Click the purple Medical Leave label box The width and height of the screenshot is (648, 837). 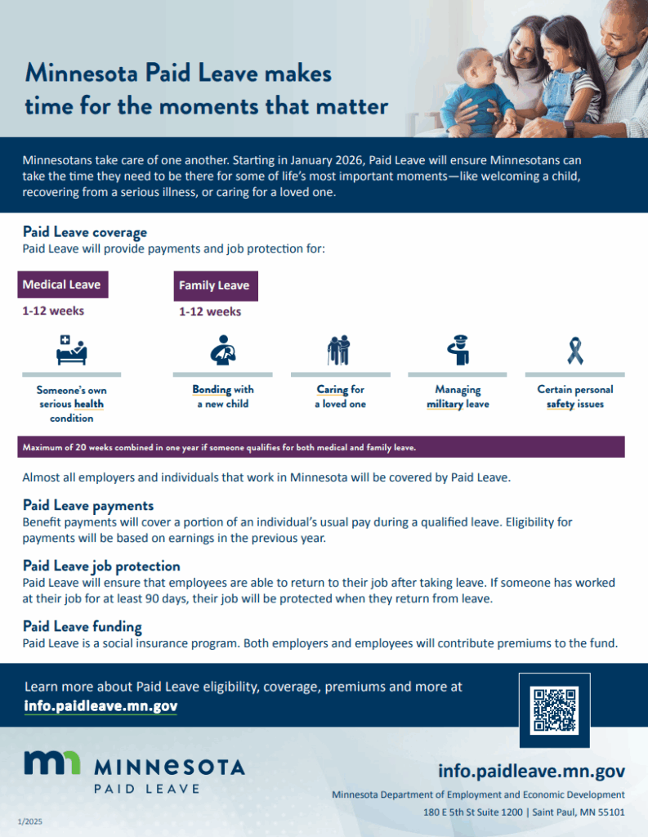pyautogui.click(x=63, y=284)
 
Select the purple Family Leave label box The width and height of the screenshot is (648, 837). pyautogui.click(x=216, y=285)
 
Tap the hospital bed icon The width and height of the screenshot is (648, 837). pyautogui.click(x=72, y=350)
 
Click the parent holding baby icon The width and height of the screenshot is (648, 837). pyautogui.click(x=223, y=350)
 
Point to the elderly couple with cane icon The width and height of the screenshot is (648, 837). pyautogui.click(x=339, y=350)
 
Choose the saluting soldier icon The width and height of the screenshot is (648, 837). pyautogui.click(x=458, y=350)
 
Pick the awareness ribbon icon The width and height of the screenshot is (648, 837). pyautogui.click(x=575, y=351)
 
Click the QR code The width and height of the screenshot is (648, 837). pyautogui.click(x=555, y=710)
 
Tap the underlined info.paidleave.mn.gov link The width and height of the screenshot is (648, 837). pyautogui.click(x=101, y=705)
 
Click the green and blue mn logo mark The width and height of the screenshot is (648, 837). pyautogui.click(x=52, y=763)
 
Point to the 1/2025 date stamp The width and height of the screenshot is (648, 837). pyautogui.click(x=30, y=821)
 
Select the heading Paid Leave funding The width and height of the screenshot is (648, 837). pyautogui.click(x=83, y=626)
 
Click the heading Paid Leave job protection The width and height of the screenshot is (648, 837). pyautogui.click(x=101, y=566)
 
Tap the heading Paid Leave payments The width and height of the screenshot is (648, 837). pyautogui.click(x=88, y=505)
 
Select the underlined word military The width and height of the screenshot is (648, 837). pyautogui.click(x=445, y=404)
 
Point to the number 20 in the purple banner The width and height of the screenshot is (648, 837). pyautogui.click(x=81, y=447)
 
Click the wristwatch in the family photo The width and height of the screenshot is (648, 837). pyautogui.click(x=569, y=128)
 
